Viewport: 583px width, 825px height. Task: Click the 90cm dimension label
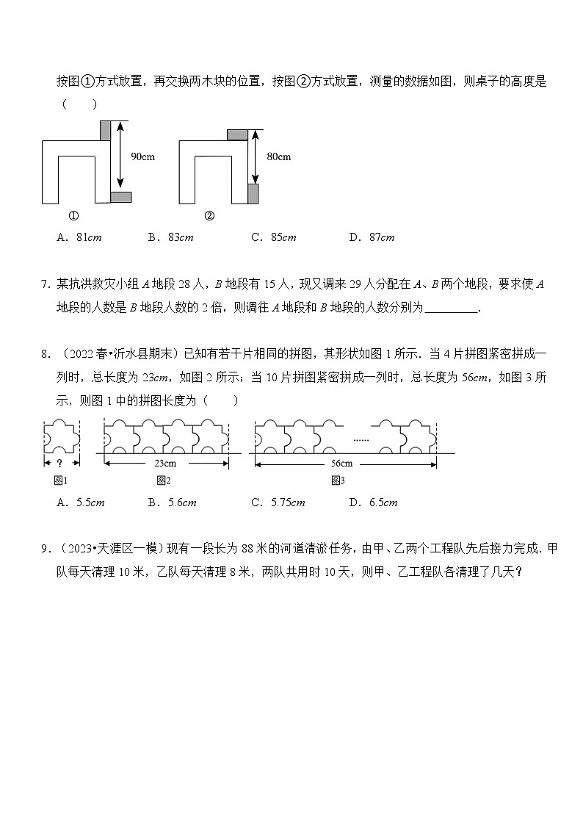click(142, 156)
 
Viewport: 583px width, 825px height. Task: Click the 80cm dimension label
click(278, 156)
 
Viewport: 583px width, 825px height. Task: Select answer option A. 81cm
click(78, 237)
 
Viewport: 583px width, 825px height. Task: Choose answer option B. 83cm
click(170, 237)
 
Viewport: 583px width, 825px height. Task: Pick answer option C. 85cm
click(272, 237)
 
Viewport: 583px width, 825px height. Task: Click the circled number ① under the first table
click(73, 216)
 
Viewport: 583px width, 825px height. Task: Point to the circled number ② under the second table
click(209, 216)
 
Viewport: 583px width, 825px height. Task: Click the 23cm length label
click(164, 464)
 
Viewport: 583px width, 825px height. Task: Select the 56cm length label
click(341, 464)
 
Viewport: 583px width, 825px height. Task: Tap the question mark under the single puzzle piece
click(58, 464)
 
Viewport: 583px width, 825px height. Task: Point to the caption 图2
click(163, 480)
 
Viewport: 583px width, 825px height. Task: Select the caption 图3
click(338, 480)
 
